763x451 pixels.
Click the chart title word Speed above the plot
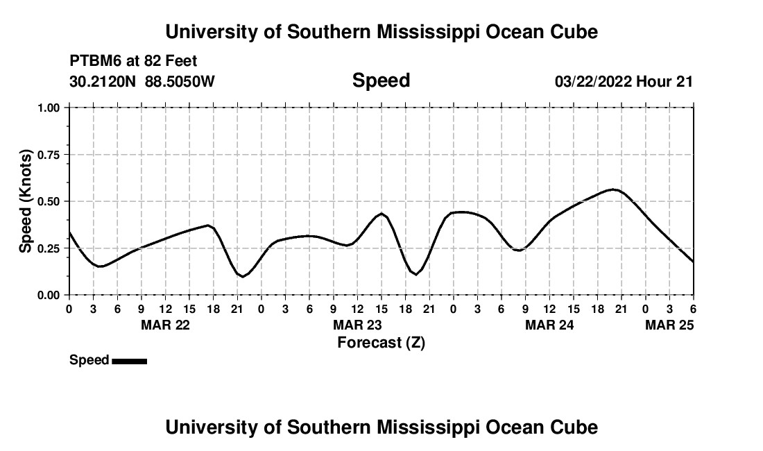tap(381, 80)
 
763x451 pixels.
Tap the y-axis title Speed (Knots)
tap(26, 201)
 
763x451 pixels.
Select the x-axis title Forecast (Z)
tap(381, 343)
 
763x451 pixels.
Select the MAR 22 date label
tap(165, 325)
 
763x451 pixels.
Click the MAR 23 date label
tap(357, 325)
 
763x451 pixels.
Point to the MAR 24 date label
tap(549, 325)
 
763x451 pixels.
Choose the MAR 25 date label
tap(669, 325)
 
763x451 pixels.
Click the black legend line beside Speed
tap(129, 361)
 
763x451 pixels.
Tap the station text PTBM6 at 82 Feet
tap(133, 62)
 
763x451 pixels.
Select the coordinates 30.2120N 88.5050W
tap(142, 82)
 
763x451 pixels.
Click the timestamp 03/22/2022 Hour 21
tap(624, 82)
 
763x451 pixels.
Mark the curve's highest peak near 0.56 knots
tap(613, 189)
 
